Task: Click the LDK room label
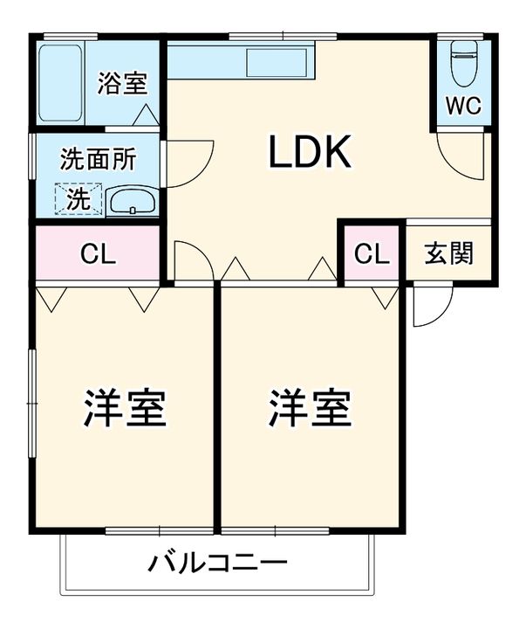[309, 154]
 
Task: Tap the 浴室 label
[122, 84]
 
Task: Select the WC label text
[462, 106]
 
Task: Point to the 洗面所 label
[98, 160]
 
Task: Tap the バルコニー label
[216, 562]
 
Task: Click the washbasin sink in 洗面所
[132, 201]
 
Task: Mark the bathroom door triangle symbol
[147, 113]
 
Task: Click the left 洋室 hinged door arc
[190, 260]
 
